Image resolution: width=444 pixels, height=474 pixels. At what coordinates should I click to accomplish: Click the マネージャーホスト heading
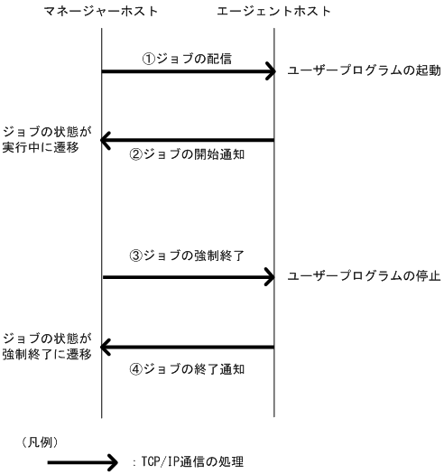pyautogui.click(x=101, y=12)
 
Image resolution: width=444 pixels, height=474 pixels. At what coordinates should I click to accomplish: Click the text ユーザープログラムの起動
pyautogui.click(x=363, y=71)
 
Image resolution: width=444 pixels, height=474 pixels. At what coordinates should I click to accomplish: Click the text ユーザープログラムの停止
pyautogui.click(x=363, y=276)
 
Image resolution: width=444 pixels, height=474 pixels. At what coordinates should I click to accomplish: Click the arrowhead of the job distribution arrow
pyautogui.click(x=269, y=71)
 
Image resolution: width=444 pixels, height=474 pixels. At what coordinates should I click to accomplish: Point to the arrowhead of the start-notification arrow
pyautogui.click(x=106, y=140)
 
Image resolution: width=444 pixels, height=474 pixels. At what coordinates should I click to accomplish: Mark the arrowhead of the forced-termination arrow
pyautogui.click(x=269, y=277)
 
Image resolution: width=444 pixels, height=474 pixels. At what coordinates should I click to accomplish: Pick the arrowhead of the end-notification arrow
pyautogui.click(x=106, y=347)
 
